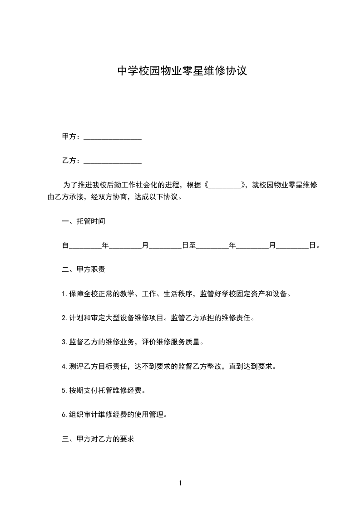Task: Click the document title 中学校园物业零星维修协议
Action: pos(182,71)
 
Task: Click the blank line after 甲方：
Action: pos(113,137)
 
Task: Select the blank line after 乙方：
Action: pos(113,161)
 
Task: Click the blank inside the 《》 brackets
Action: pos(225,186)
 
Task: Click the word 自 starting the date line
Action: pos(65,245)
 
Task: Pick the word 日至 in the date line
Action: pos(188,245)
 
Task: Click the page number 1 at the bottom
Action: pos(180,483)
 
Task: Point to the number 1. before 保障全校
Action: pos(64,294)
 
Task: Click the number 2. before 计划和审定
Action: pos(64,318)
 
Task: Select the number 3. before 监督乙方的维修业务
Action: pos(64,342)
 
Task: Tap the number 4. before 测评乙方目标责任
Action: pos(64,366)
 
